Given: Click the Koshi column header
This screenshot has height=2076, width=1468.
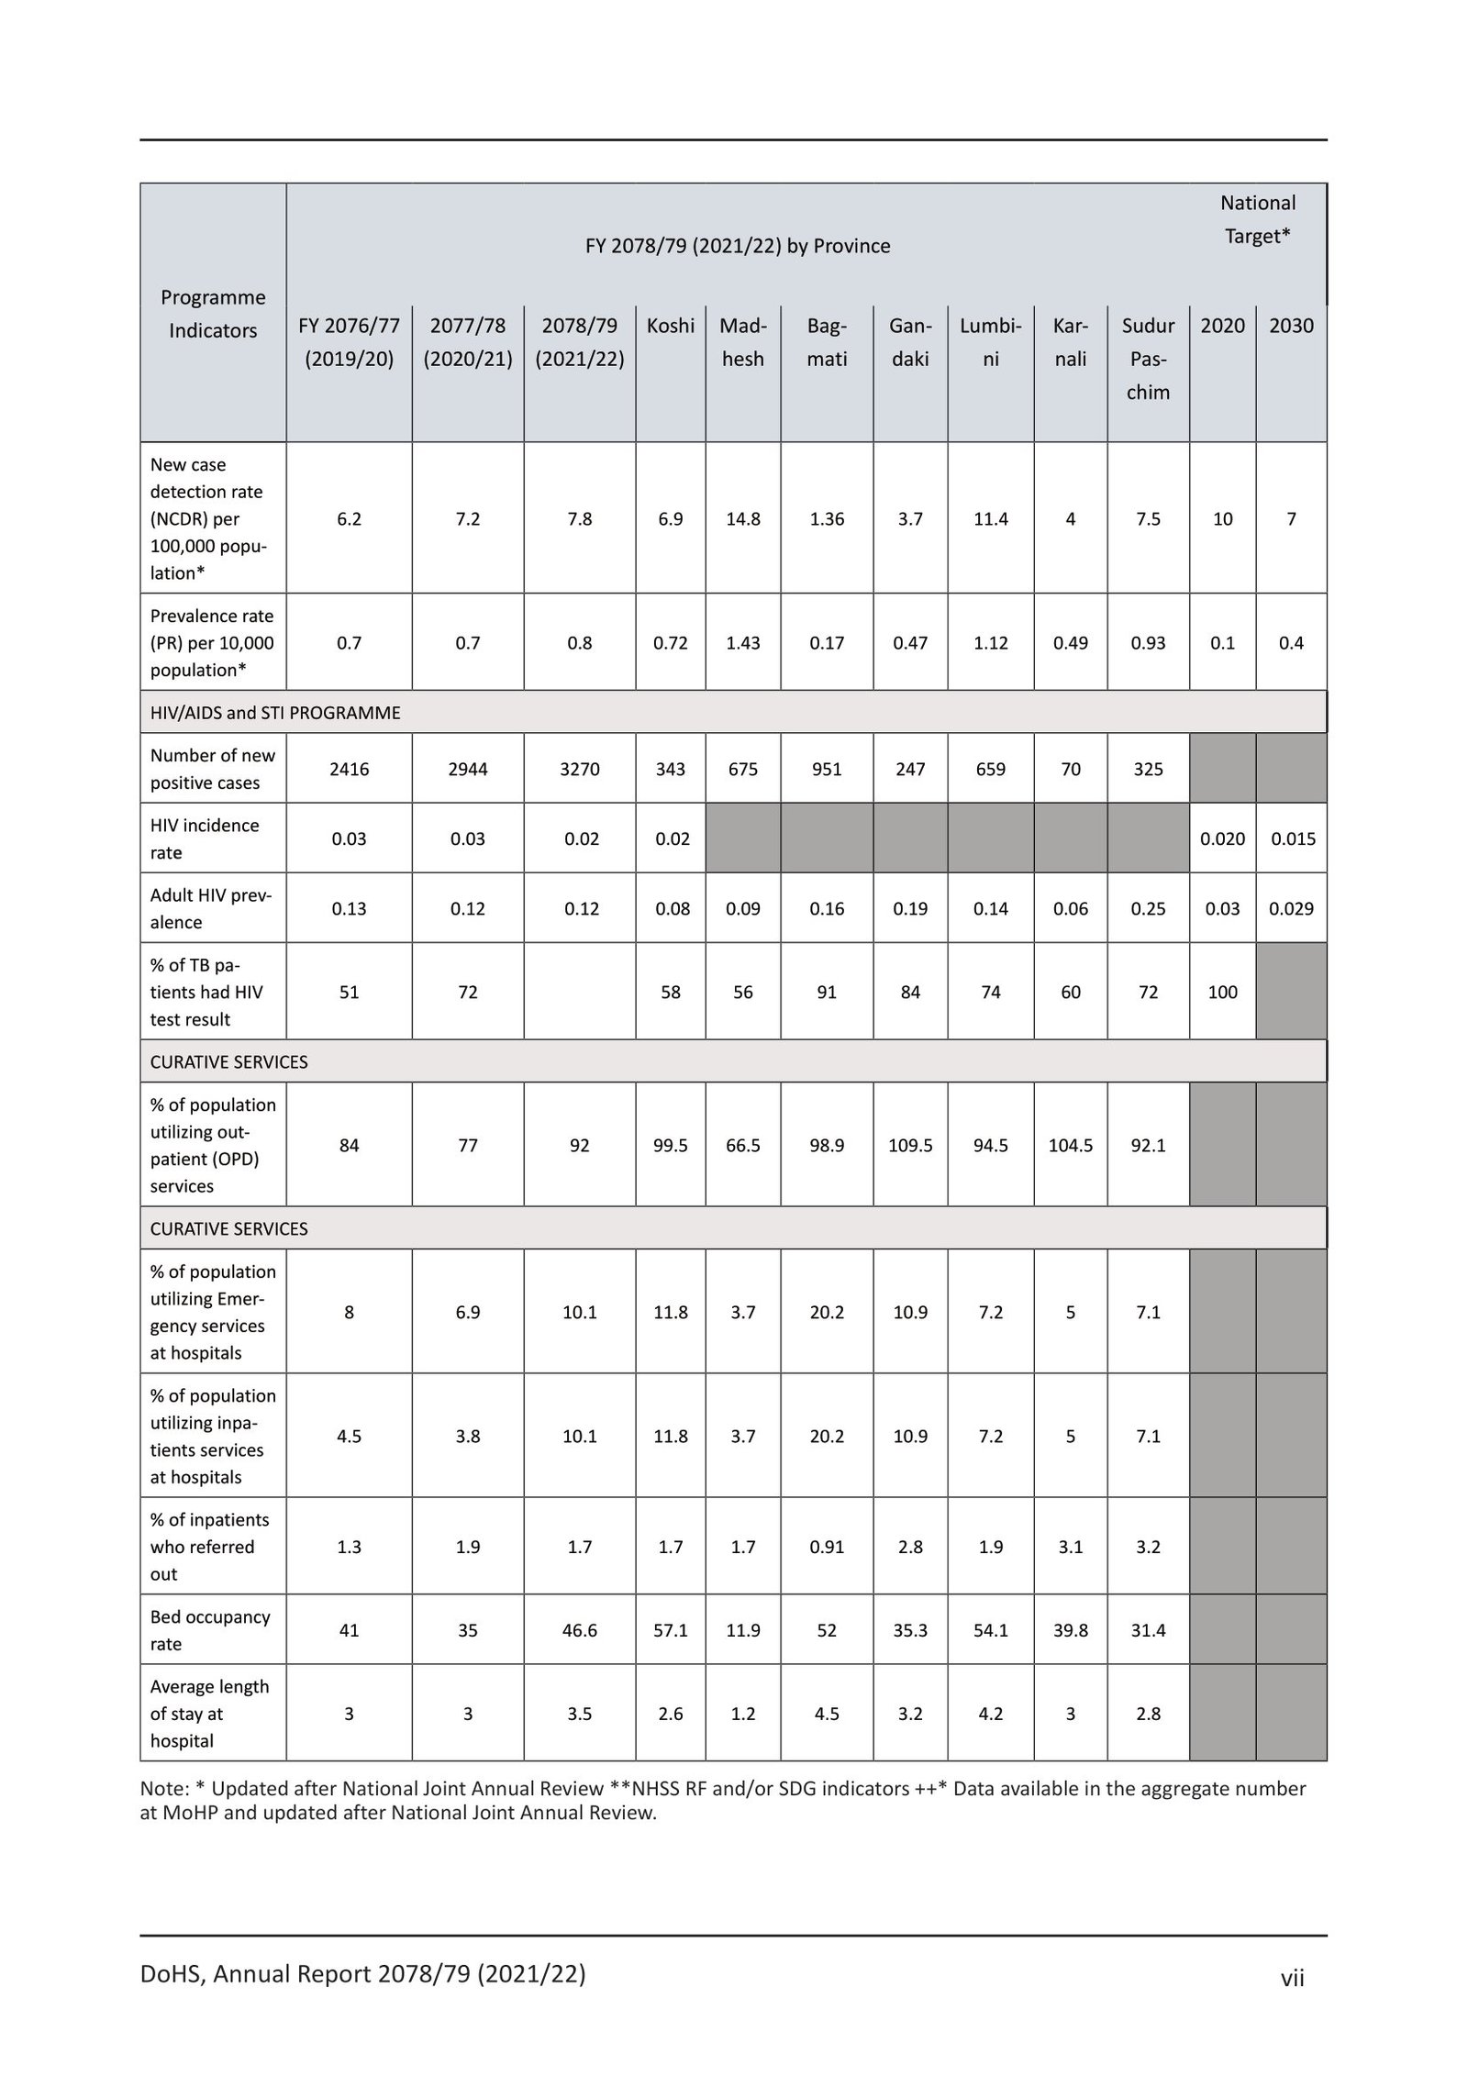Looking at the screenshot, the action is coord(670,326).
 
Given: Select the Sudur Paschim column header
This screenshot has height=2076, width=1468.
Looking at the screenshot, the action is coord(1148,358).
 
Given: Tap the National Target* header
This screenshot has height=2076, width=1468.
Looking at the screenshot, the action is coord(1257,219).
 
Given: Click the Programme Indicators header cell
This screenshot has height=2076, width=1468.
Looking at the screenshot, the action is coord(212,314).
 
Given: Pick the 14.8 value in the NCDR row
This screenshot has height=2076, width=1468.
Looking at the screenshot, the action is coord(742,518).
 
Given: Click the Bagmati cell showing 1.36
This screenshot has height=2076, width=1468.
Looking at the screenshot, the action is coord(826,518).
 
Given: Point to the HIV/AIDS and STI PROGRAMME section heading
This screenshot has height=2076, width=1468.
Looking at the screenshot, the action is coord(275,713).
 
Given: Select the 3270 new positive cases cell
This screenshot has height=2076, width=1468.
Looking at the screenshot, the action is coord(579,769).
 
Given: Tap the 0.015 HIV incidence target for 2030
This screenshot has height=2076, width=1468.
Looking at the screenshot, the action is coord(1292,838).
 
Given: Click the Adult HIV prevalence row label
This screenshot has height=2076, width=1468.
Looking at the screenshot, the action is coord(211,908).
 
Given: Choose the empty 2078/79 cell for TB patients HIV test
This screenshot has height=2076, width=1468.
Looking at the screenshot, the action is coord(579,992).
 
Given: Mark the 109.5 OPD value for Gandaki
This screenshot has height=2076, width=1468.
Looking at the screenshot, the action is coord(909,1145).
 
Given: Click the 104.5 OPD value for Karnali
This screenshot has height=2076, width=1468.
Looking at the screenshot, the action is coord(1070,1145).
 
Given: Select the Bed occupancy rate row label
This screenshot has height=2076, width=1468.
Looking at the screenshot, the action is coord(210,1630).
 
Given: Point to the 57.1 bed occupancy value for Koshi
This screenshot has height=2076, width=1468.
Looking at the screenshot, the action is coord(670,1630).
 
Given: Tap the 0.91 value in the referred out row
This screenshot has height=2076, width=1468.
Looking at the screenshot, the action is coord(826,1547).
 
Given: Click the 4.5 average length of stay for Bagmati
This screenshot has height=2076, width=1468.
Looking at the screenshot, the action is coord(826,1714).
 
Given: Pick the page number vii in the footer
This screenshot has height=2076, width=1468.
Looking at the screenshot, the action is coord(1292,1976).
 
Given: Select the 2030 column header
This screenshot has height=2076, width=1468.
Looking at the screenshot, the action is coord(1291,326).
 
